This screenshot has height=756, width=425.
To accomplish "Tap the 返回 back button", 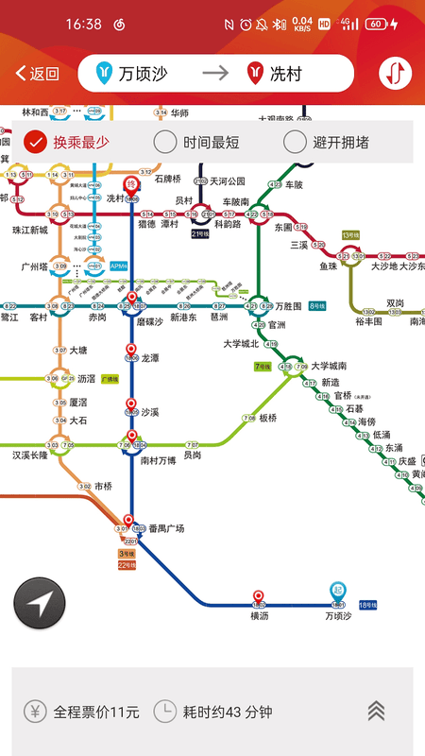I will point(38,74).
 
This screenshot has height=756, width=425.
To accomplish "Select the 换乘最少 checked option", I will point(66,143).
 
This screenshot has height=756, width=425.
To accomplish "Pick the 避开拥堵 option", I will point(327,143).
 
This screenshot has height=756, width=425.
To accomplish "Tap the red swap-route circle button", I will point(396,73).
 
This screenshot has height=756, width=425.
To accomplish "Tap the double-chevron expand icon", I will point(376,711).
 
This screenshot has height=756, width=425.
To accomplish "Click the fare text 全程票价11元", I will point(83,711).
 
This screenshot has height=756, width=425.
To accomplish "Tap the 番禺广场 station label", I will point(166,529).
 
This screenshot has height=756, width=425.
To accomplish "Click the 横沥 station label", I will point(260,616).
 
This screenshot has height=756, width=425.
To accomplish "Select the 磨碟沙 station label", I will point(150,321).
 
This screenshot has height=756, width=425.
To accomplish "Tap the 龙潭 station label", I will point(150,359).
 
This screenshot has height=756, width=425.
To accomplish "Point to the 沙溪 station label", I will point(150,412).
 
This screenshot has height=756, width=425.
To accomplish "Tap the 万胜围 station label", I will point(288,306).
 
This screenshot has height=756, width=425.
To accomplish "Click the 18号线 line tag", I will point(368,604).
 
